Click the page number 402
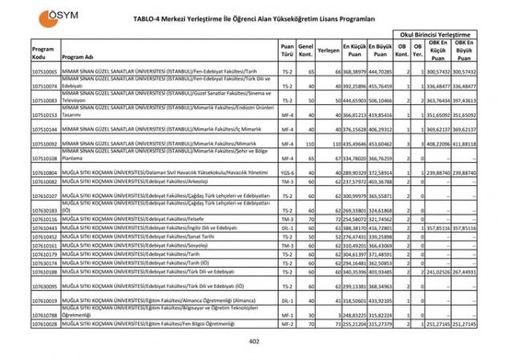click(x=254, y=342)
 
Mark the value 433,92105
click(x=381, y=301)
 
